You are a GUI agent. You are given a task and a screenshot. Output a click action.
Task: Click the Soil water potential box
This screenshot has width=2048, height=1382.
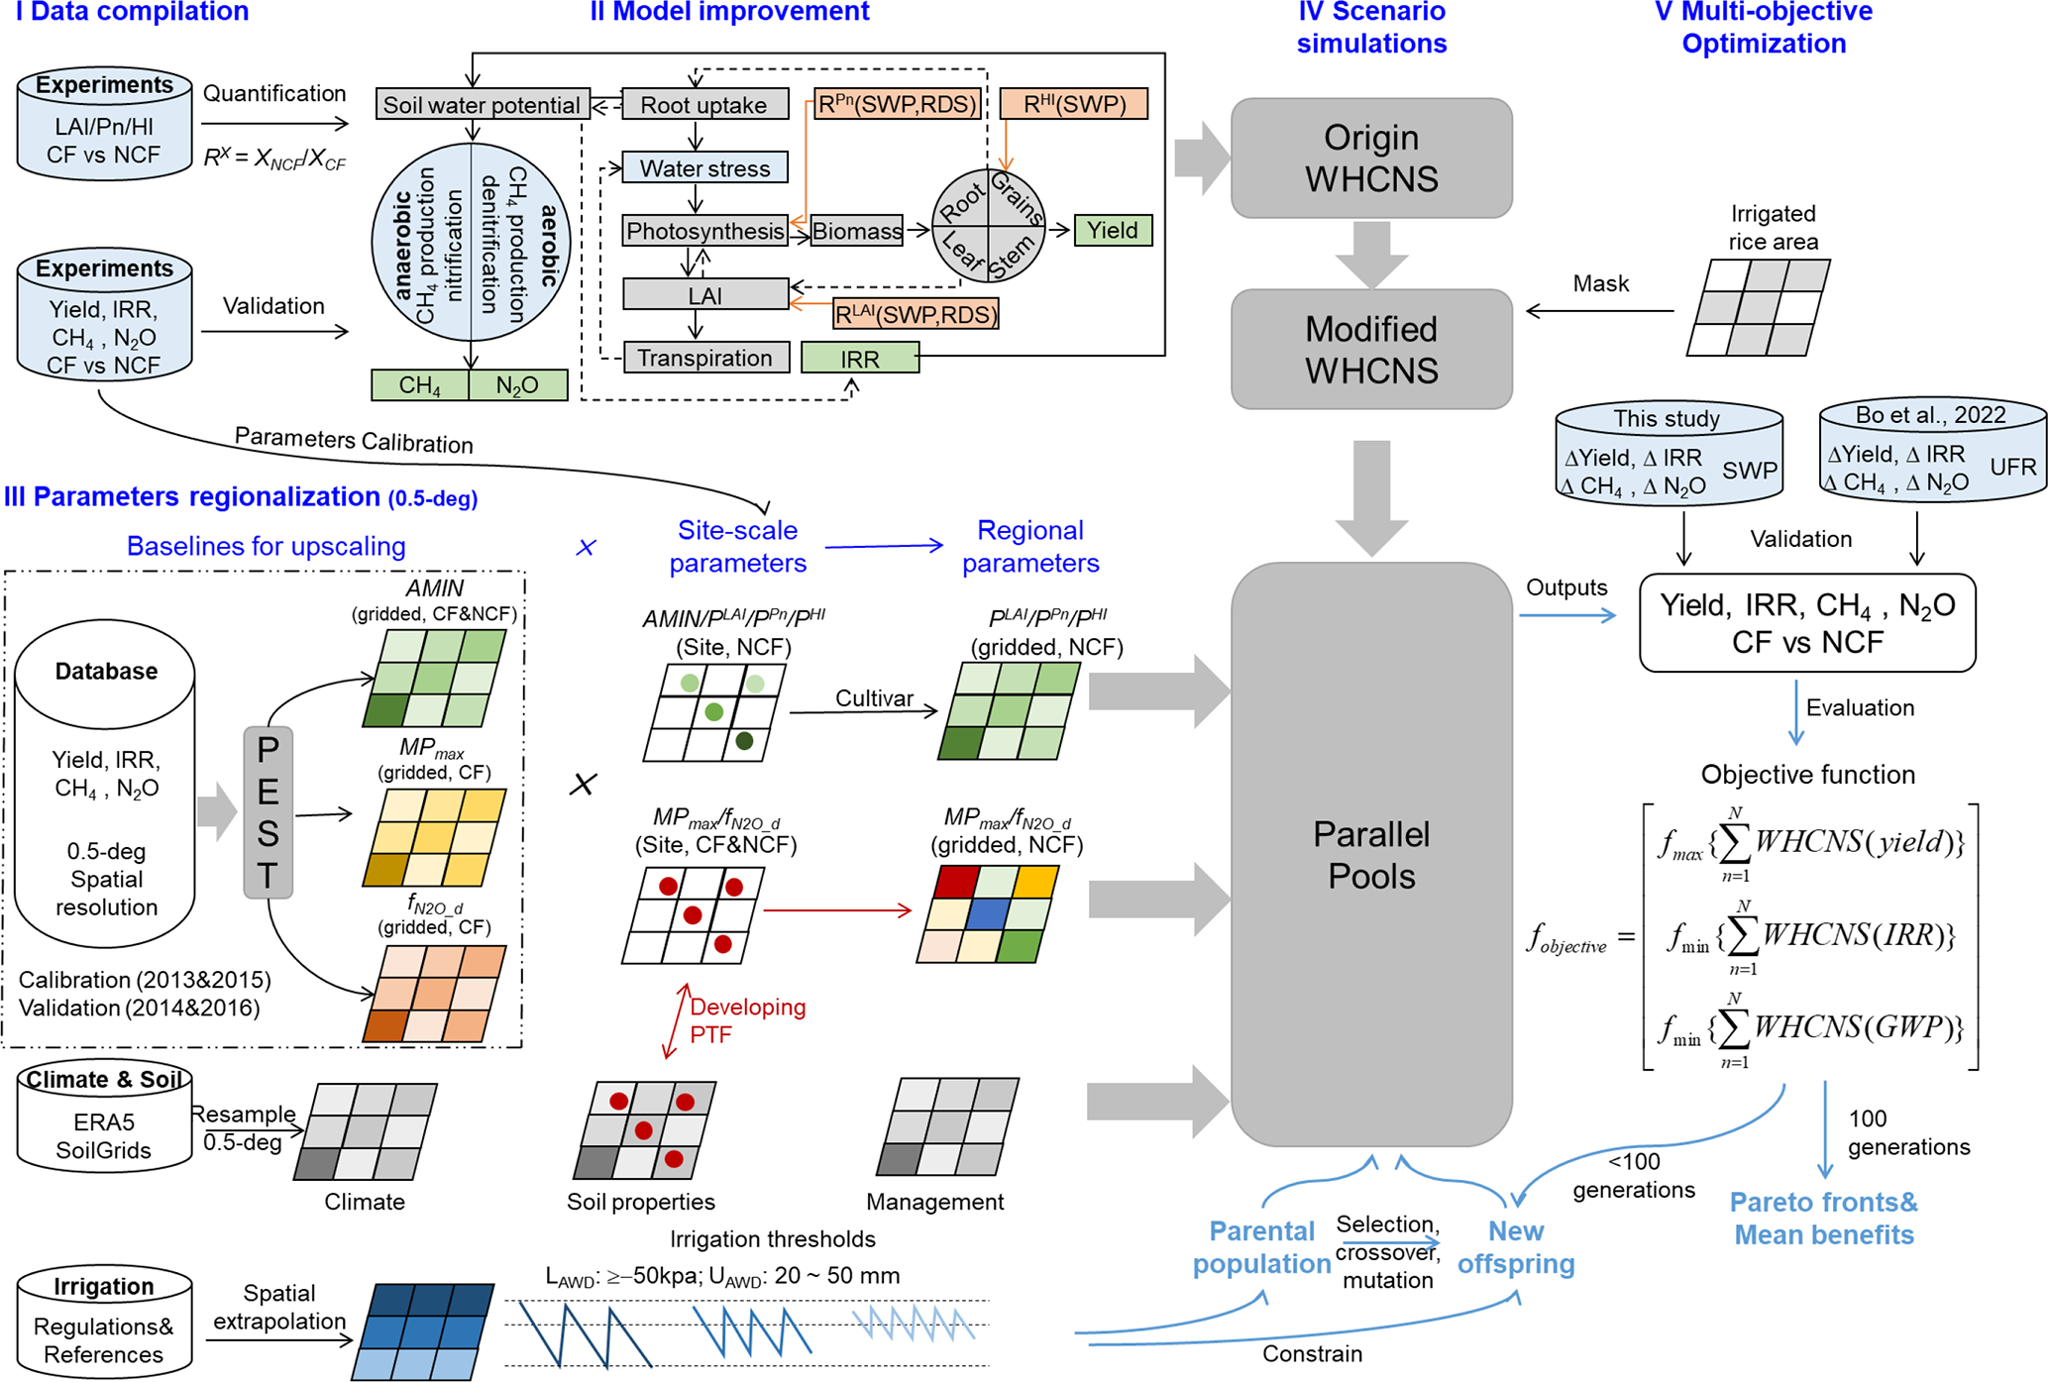(482, 104)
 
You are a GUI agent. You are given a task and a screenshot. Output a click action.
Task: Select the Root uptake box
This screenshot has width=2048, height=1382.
(704, 104)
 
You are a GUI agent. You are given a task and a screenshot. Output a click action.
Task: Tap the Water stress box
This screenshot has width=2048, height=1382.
(704, 167)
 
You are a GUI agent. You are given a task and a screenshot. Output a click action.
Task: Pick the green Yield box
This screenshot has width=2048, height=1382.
(1113, 230)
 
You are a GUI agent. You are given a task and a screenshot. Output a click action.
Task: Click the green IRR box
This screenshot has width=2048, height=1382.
(860, 359)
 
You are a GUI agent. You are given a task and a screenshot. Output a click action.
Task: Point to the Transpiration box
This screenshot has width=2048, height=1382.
(705, 358)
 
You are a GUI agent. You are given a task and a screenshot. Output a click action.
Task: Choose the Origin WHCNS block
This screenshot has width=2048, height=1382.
(1371, 159)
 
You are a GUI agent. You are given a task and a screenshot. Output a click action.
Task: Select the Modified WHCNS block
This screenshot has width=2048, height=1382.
(1371, 350)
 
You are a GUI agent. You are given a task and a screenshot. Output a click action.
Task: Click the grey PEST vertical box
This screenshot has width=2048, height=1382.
(268, 812)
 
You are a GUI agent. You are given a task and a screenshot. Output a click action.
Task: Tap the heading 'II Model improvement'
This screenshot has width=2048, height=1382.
(729, 12)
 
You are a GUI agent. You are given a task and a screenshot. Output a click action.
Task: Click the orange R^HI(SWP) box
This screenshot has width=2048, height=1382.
(1074, 104)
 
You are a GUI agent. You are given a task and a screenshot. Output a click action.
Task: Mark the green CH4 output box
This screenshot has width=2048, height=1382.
(420, 385)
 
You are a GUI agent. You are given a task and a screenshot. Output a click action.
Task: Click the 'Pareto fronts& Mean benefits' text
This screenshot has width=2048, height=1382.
(1823, 1219)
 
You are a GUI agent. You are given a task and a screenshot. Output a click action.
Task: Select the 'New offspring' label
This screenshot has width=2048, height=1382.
(1516, 1247)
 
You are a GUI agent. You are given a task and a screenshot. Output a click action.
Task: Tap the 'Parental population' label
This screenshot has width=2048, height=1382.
(1261, 1247)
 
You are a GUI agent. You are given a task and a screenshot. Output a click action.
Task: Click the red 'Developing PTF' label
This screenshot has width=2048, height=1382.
(748, 1020)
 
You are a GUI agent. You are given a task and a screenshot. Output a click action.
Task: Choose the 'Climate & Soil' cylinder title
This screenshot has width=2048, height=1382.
(104, 1080)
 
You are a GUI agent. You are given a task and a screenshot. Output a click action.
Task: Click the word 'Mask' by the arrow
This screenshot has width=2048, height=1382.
(1601, 283)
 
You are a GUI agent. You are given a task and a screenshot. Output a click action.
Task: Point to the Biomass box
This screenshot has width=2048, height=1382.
(857, 231)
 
